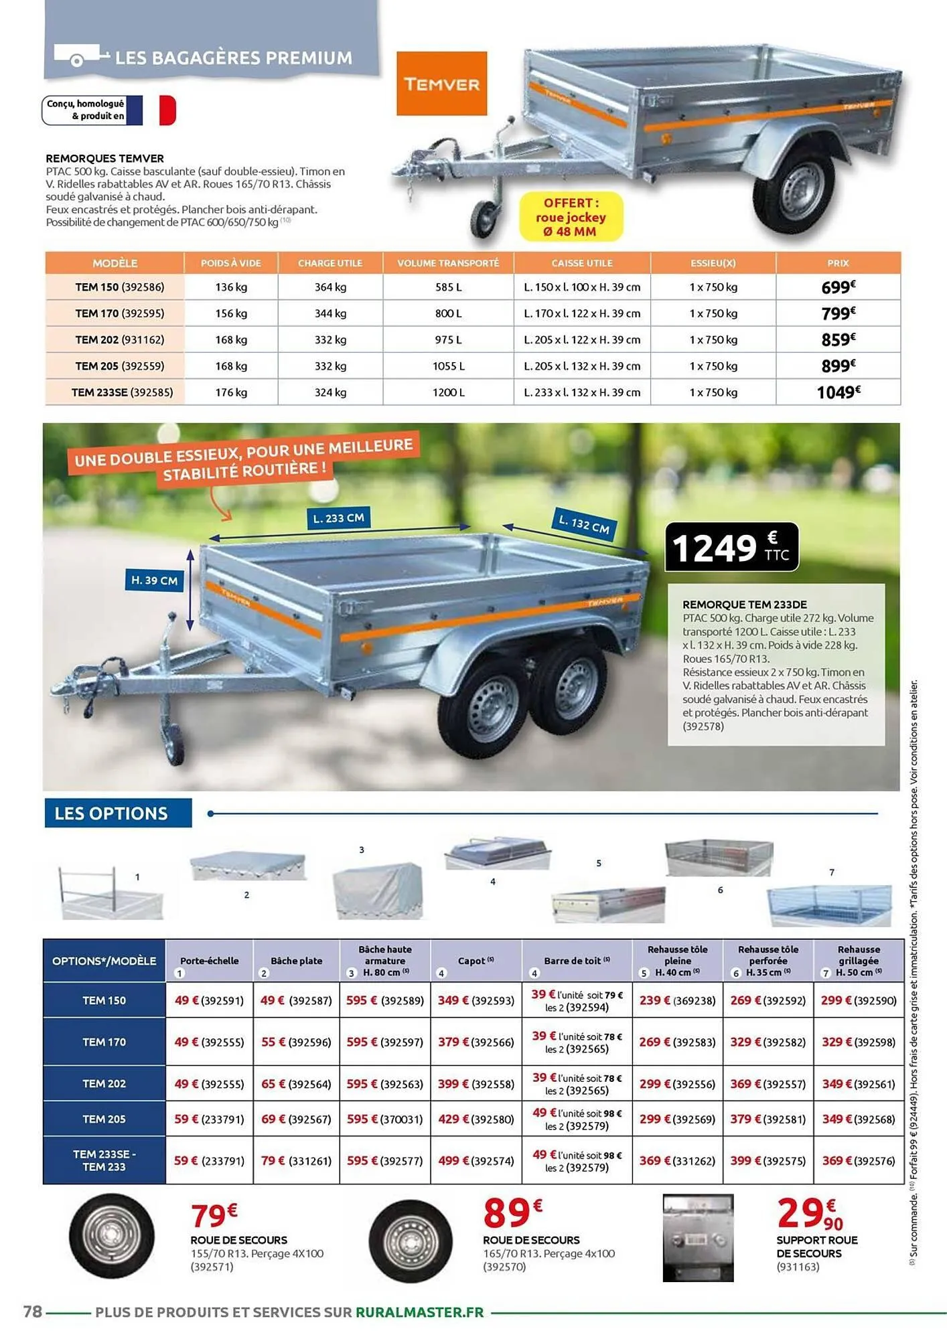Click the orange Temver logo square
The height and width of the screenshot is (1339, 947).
pos(441,84)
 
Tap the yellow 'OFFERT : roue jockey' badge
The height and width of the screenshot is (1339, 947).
pos(571,217)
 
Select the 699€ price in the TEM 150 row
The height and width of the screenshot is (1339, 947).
pos(838,287)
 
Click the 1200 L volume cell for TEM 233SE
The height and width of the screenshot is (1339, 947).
pos(448,392)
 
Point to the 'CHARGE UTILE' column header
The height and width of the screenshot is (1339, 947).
pos(330,263)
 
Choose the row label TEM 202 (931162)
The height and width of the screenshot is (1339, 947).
pos(119,339)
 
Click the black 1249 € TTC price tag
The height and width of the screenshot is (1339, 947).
pos(731,547)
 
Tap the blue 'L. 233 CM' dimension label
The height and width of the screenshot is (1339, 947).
pos(339,518)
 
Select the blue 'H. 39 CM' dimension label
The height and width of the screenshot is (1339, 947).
pos(154,580)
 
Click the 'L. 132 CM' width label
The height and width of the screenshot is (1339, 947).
pos(584,523)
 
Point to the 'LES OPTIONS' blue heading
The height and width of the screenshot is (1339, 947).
pos(111,813)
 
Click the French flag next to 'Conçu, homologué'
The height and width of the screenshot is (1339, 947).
pos(151,110)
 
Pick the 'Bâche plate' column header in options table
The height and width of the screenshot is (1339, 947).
pos(296,961)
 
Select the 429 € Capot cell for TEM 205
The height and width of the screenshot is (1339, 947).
pos(476,1119)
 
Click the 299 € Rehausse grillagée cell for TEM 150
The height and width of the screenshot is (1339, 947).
pos(858,1000)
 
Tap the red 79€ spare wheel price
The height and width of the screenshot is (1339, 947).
pos(214,1214)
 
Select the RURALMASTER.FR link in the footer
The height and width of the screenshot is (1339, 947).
pos(419,1312)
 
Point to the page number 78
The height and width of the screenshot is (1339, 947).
pos(32,1312)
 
